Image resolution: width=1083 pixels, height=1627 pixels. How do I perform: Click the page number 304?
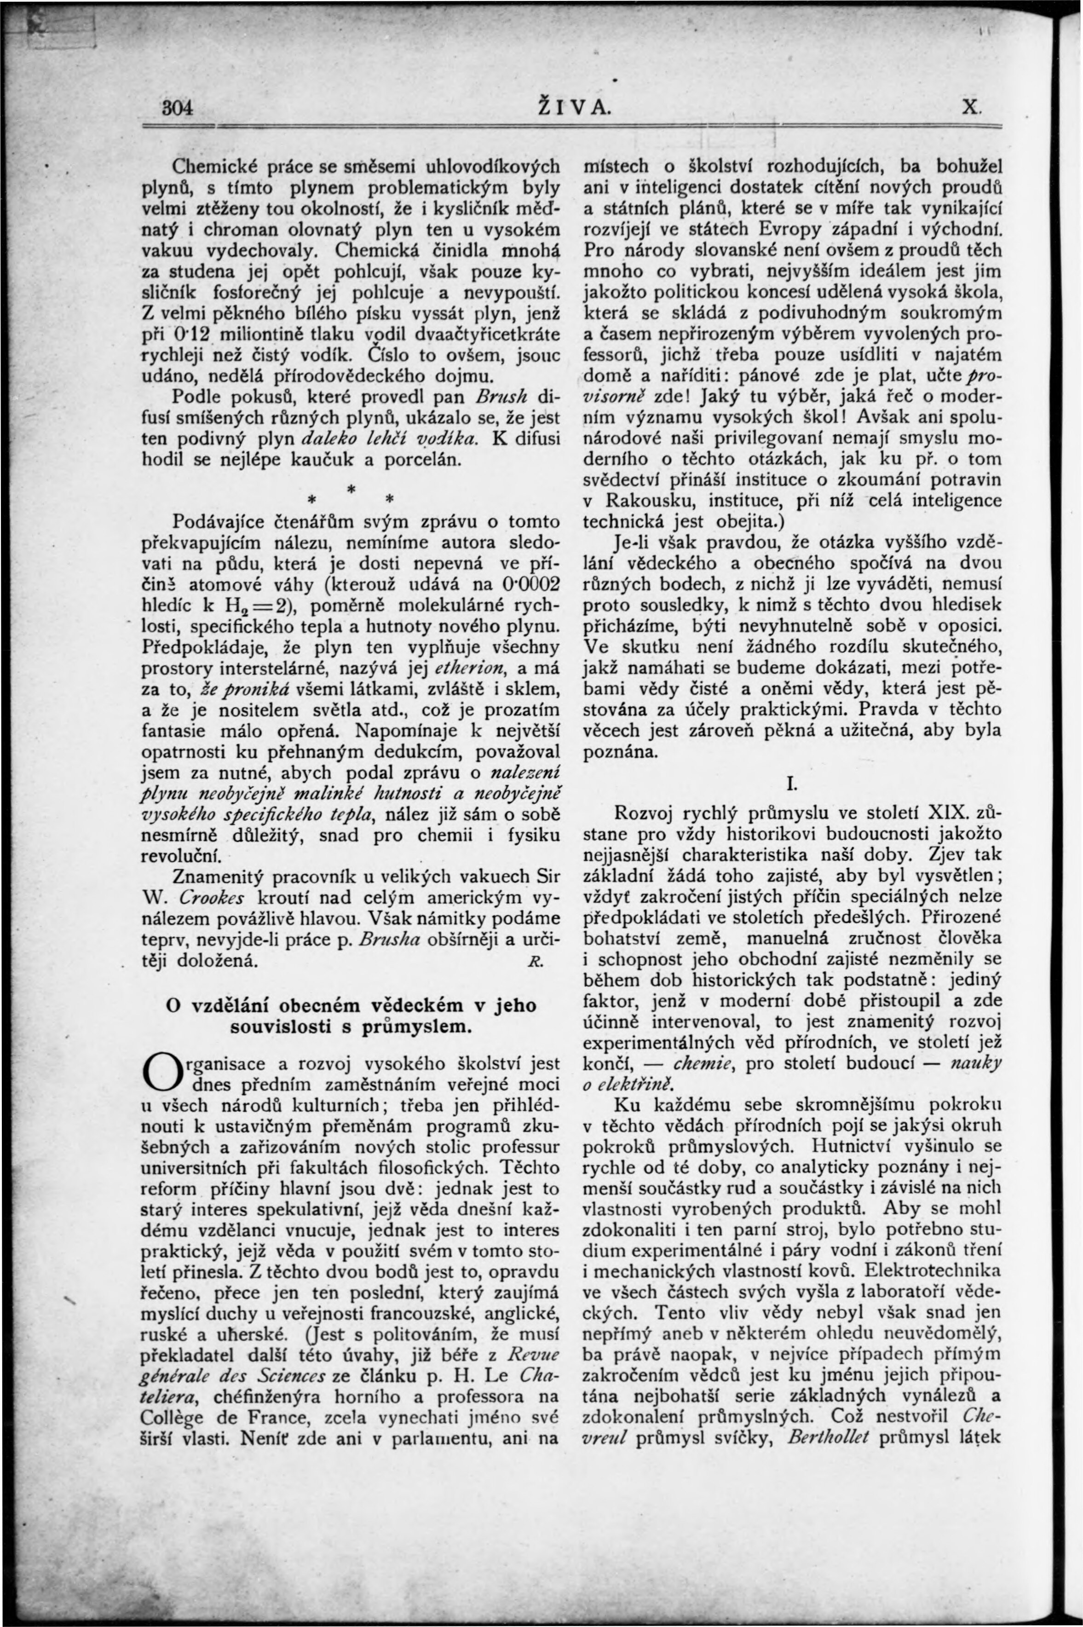(x=176, y=109)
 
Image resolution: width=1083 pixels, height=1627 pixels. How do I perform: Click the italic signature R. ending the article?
(x=532, y=961)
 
